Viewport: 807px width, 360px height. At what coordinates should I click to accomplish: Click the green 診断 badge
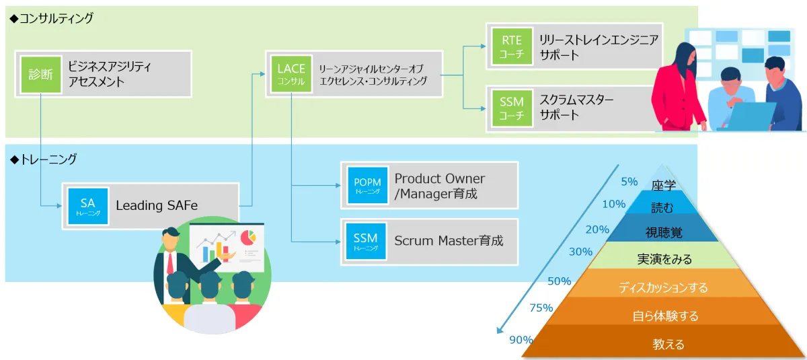(40, 74)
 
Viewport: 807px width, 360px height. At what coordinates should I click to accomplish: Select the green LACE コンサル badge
(291, 74)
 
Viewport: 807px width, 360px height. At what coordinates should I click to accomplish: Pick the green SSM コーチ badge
(511, 108)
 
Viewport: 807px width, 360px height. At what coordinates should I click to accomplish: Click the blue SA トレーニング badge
(88, 207)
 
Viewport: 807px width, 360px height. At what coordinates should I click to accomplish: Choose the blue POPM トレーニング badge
(367, 185)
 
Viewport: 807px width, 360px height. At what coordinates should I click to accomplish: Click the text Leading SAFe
(157, 206)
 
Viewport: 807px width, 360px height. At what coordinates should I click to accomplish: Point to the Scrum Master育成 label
(449, 240)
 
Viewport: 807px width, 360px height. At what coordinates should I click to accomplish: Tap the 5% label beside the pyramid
(629, 181)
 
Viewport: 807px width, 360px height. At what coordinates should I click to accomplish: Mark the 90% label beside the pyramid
(521, 340)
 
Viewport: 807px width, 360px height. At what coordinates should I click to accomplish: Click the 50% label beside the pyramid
(559, 281)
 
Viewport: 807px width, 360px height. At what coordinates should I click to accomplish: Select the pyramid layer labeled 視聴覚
(664, 232)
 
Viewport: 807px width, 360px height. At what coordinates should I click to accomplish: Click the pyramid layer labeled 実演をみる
(664, 258)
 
